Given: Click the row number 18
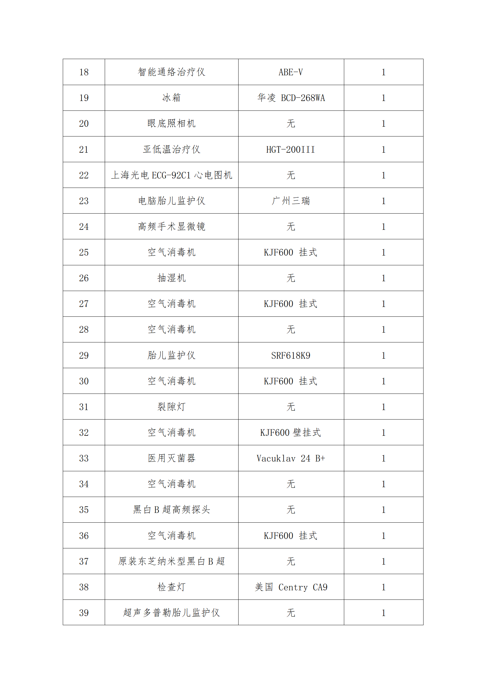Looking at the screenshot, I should click(x=84, y=72).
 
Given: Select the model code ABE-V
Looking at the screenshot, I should click(x=291, y=72).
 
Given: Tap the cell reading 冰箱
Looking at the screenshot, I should click(x=171, y=98).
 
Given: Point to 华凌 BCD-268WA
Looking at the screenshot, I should click(x=291, y=98).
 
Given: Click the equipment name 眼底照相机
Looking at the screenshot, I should click(x=171, y=124).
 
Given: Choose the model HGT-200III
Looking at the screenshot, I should click(x=291, y=150).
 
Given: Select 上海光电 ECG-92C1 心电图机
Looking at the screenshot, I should click(x=171, y=175).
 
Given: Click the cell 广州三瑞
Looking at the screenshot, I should click(x=291, y=201).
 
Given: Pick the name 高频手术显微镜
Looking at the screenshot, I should click(x=171, y=227).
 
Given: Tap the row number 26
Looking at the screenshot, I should click(x=84, y=278).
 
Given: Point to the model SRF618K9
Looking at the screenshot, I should click(x=291, y=356).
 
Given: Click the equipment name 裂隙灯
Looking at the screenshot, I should click(x=171, y=407).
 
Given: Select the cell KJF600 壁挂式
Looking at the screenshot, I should click(x=291, y=433).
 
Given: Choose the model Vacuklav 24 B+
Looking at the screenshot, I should click(x=291, y=458).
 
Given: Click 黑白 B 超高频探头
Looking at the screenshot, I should click(x=171, y=510).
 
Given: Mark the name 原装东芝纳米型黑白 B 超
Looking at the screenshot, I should click(x=171, y=562).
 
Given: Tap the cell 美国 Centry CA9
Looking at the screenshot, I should click(x=291, y=587).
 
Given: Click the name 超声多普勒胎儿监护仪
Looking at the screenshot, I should click(x=171, y=613).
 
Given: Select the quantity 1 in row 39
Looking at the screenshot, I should click(x=383, y=613).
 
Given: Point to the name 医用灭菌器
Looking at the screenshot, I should click(x=171, y=458).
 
